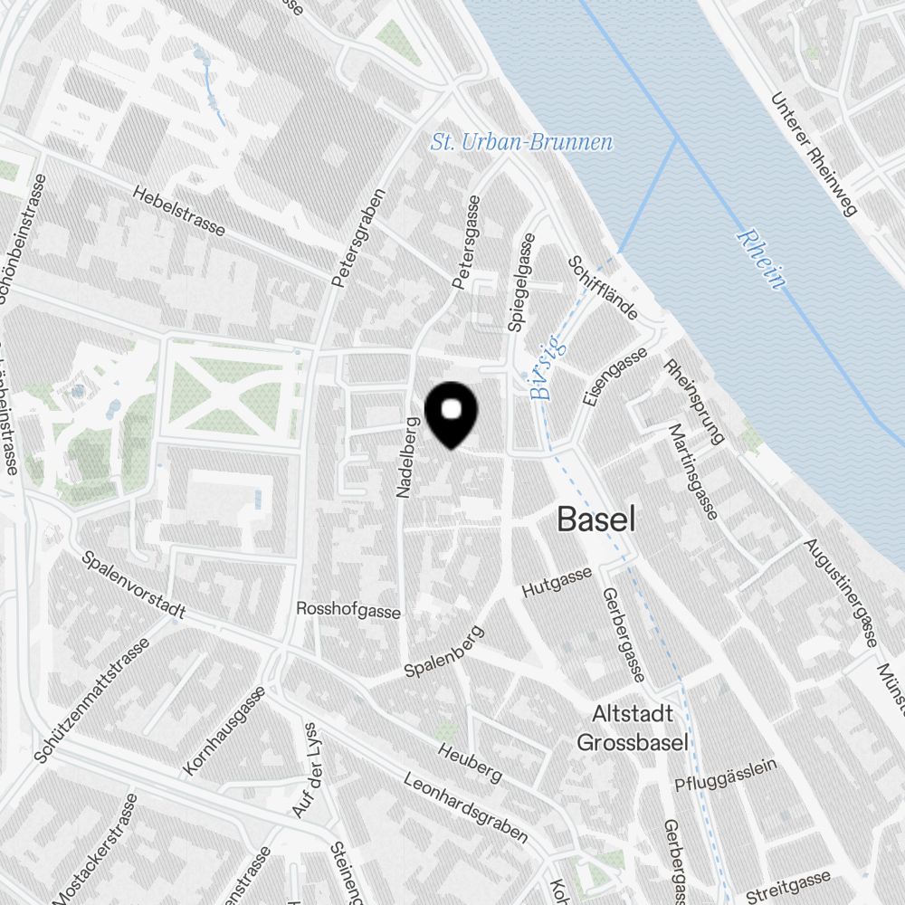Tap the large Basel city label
click(595, 519)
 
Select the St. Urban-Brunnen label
click(521, 142)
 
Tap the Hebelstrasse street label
click(178, 211)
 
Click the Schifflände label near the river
click(603, 288)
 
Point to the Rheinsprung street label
click(693, 403)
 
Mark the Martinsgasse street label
click(692, 472)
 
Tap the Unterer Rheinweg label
click(811, 156)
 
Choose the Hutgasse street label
click(557, 582)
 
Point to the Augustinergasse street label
click(841, 593)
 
